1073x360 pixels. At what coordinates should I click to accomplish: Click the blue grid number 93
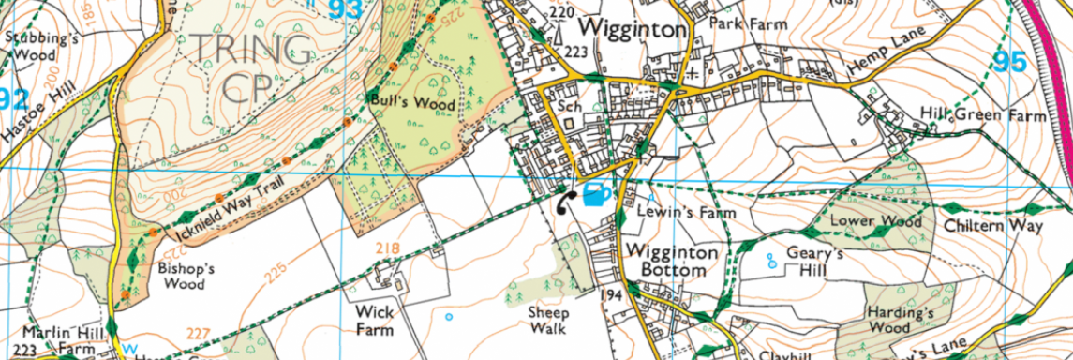click(x=346, y=10)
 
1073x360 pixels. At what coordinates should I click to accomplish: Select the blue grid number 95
click(x=1009, y=62)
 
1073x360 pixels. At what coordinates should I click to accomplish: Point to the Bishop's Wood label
click(x=182, y=276)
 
